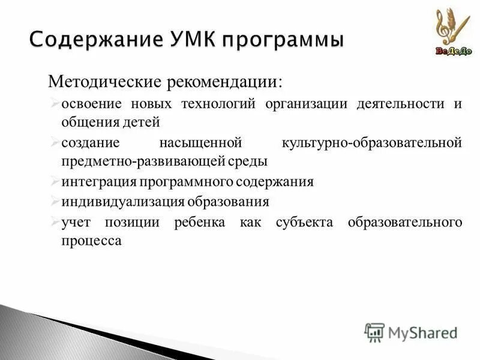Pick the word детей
142,122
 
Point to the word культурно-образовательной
371,143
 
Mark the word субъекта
304,222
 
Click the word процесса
91,241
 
